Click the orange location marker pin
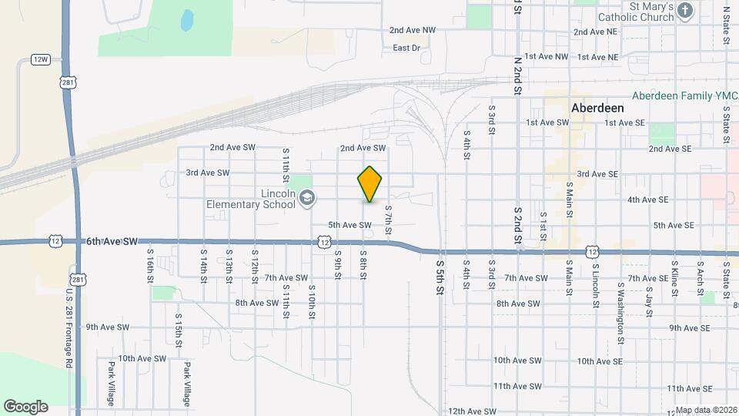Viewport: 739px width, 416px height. [x=370, y=183]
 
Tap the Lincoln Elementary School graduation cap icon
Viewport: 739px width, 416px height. [x=307, y=198]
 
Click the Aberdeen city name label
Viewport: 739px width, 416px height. [x=597, y=108]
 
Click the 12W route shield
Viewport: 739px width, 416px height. [x=41, y=59]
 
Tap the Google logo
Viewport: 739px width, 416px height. [x=25, y=407]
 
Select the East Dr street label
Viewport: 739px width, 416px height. [x=406, y=48]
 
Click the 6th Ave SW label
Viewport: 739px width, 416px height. [x=112, y=241]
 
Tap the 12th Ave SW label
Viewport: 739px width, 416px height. [x=472, y=411]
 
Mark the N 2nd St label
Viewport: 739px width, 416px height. [x=518, y=70]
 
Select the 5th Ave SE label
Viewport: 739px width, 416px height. [x=674, y=225]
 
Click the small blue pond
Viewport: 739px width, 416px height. [x=186, y=21]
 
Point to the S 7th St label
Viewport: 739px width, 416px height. [x=388, y=220]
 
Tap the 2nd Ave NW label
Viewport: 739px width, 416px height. [x=412, y=30]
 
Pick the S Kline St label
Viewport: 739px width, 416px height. [x=674, y=281]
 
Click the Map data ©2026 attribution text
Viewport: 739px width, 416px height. [x=705, y=411]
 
